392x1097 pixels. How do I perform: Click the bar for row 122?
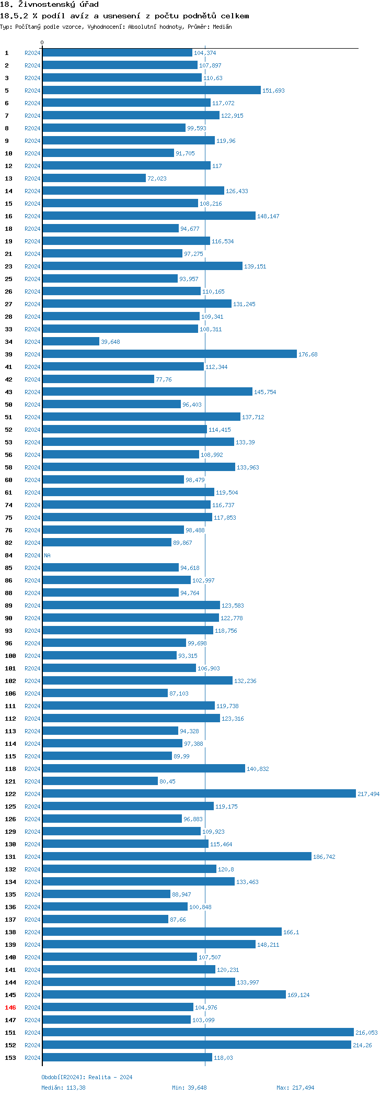(199, 793)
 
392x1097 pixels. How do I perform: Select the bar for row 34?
(71, 341)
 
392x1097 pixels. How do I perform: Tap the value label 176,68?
(308, 354)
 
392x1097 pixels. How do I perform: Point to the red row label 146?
(10, 1008)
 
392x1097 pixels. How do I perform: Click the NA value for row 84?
(47, 555)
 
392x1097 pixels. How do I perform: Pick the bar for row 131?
(177, 856)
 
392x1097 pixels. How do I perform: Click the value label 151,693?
(273, 91)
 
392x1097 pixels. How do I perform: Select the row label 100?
(10, 656)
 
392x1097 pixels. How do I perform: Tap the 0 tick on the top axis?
(42, 42)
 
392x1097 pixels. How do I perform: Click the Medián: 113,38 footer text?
(63, 1088)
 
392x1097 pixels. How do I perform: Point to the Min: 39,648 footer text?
(189, 1088)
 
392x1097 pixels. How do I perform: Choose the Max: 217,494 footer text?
(295, 1088)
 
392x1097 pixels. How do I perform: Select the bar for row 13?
(94, 178)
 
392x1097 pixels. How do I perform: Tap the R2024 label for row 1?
(32, 53)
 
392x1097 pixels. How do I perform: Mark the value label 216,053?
(366, 1033)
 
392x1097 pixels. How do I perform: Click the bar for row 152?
(197, 1045)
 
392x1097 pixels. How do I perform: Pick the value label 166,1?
(291, 932)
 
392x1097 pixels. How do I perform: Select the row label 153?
(10, 1058)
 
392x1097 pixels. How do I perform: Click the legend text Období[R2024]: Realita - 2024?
(87, 1077)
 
